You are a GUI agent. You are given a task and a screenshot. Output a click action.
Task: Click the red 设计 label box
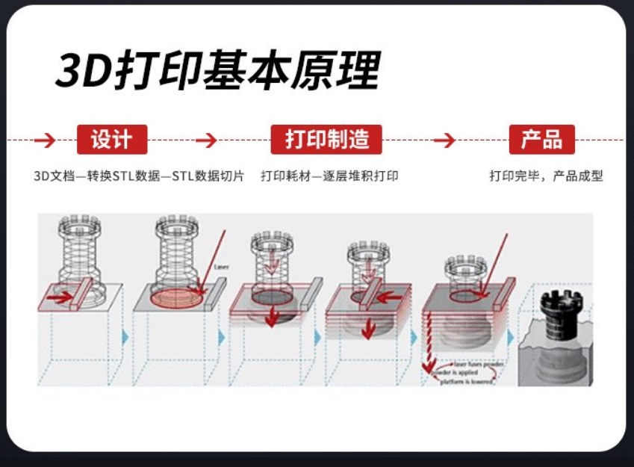(112, 140)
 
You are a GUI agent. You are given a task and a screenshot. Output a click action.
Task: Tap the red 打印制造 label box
(326, 140)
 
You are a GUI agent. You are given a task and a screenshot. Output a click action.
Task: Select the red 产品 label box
(541, 140)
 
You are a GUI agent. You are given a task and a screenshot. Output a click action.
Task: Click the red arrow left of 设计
(45, 140)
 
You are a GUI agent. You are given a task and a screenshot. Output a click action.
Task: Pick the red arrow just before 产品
(444, 140)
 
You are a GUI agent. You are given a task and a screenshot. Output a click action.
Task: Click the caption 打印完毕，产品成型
(546, 176)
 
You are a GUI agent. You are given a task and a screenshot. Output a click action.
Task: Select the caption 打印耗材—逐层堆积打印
(329, 176)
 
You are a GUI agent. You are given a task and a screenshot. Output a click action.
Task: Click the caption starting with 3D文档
(139, 176)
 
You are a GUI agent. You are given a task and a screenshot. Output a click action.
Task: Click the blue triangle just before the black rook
(512, 337)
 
